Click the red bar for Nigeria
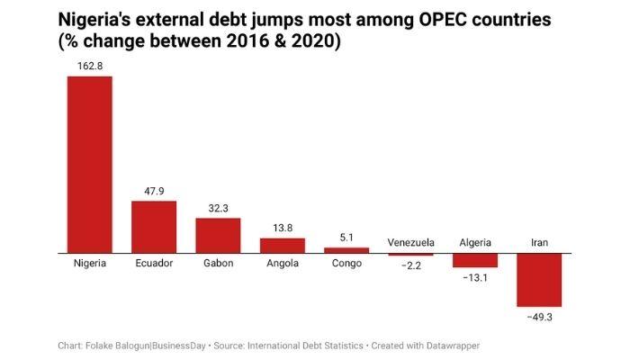coord(90,164)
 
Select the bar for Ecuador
coord(154,227)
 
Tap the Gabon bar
coord(218,235)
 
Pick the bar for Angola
coord(283,246)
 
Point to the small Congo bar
coord(346,250)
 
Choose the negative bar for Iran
coord(539,280)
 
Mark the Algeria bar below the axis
coord(475,260)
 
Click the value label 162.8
coord(90,67)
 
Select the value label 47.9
coord(154,192)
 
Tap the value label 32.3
coord(218,209)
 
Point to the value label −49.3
coord(539,317)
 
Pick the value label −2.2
coord(411,265)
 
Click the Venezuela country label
coord(411,243)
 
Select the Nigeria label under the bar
coord(90,264)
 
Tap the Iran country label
coord(539,243)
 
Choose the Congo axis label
coord(346,264)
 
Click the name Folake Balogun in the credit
coord(122,345)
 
